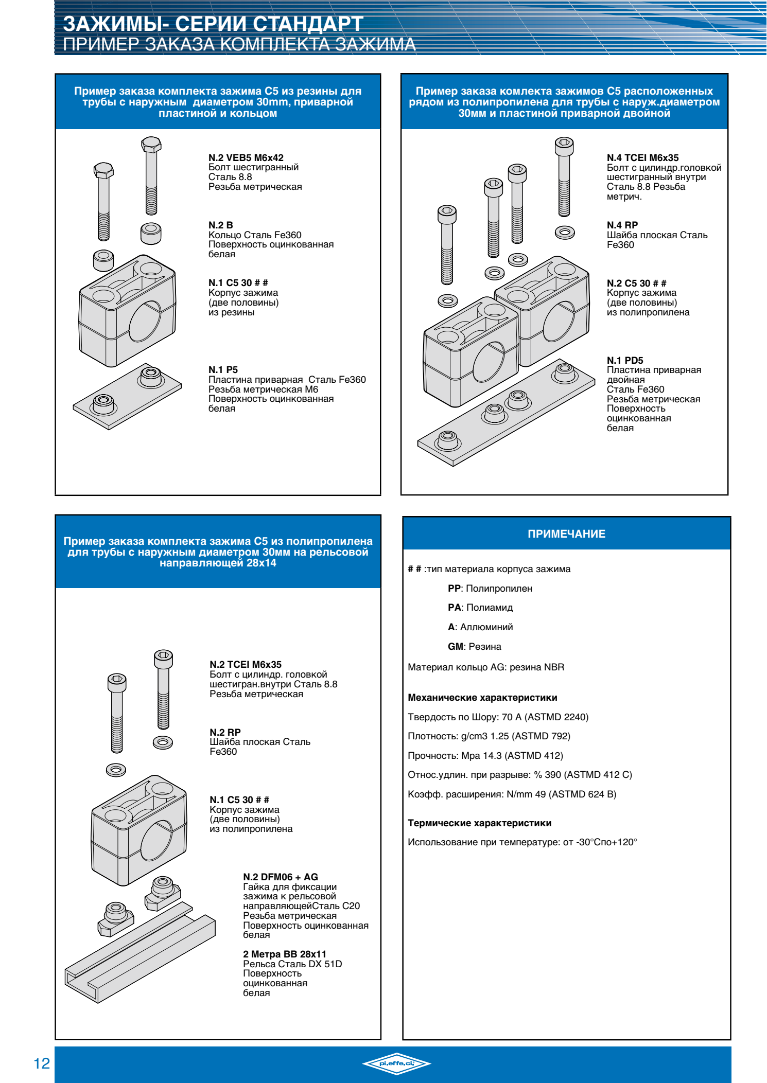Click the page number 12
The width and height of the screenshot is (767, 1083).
[42, 1063]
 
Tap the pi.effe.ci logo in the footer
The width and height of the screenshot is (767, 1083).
[396, 1063]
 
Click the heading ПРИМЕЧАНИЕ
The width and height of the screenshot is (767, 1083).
[566, 534]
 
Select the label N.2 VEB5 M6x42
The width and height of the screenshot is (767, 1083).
[246, 158]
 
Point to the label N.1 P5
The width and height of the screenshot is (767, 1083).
[223, 370]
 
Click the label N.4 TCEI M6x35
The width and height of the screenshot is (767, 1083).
[642, 158]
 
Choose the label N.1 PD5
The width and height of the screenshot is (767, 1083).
[625, 361]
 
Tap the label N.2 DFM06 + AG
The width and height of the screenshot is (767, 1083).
[281, 877]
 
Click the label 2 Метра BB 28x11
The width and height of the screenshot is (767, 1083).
[285, 954]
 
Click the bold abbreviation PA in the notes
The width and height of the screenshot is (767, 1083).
[454, 608]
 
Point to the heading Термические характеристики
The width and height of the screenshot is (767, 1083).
[480, 823]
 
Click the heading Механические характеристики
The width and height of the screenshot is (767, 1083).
[482, 698]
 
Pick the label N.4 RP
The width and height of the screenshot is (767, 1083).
[622, 225]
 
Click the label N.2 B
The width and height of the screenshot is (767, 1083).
[220, 225]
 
